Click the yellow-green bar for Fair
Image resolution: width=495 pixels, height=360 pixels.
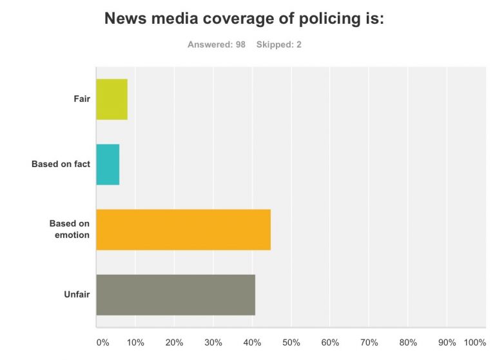coord(112,99)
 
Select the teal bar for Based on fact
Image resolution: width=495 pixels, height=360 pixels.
coord(108,165)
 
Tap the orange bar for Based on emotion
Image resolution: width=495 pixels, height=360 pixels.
coord(183,230)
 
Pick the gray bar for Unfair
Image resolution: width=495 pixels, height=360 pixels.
coord(175,295)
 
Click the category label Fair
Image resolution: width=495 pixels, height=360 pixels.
coord(81,99)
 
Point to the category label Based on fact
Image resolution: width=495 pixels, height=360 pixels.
coord(61,165)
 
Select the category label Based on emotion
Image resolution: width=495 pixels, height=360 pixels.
coord(70,230)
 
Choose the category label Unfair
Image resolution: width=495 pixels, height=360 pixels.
coord(77,295)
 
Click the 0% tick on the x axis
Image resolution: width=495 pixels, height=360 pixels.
coord(102,342)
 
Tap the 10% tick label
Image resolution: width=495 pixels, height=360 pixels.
coord(135,342)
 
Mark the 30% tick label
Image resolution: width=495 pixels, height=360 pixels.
coord(213,342)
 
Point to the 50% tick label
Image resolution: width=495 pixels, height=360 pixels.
coord(291,342)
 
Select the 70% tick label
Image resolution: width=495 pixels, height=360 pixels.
coord(369,342)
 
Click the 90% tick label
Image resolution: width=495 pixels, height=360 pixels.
coord(447,342)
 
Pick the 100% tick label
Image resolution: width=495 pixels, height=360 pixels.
coord(475,342)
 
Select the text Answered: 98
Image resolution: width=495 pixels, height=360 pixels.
coord(217,45)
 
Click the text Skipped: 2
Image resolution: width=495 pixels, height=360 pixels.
coord(278,45)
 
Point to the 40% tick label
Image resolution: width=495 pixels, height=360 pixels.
coord(252,342)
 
